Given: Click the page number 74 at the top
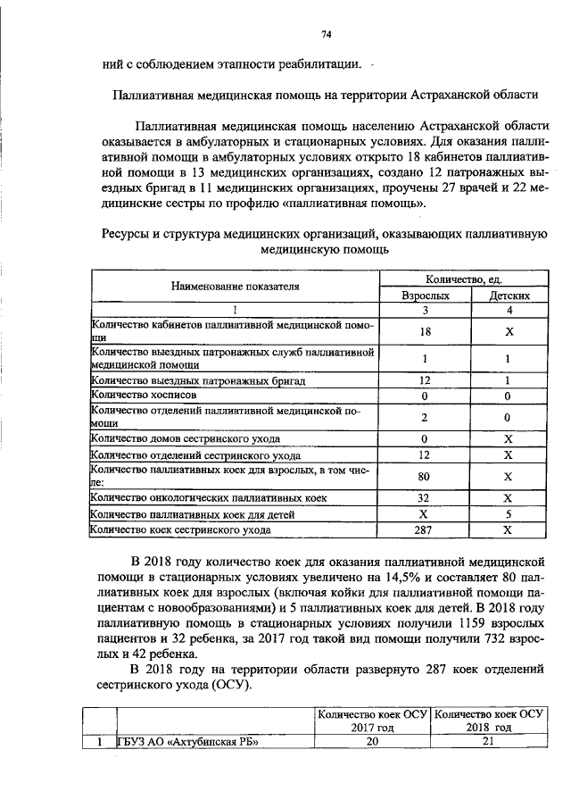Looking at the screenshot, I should click(x=327, y=34).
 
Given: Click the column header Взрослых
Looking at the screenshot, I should click(x=425, y=295).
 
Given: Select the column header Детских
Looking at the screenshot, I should click(x=506, y=295).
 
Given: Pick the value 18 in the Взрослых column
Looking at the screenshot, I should click(x=425, y=331).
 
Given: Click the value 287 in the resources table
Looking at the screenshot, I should click(x=425, y=530).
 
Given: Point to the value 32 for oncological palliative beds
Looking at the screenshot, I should click(x=425, y=497).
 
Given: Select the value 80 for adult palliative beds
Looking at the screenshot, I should click(x=425, y=476).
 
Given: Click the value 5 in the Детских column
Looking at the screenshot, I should click(x=506, y=514).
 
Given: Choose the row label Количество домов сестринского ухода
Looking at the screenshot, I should click(x=186, y=438).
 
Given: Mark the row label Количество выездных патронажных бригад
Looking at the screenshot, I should click(x=199, y=380).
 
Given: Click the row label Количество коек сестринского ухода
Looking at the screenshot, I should click(x=183, y=530).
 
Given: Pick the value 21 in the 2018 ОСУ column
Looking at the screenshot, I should click(x=488, y=742).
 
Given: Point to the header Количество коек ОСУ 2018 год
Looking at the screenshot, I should click(x=488, y=721).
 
